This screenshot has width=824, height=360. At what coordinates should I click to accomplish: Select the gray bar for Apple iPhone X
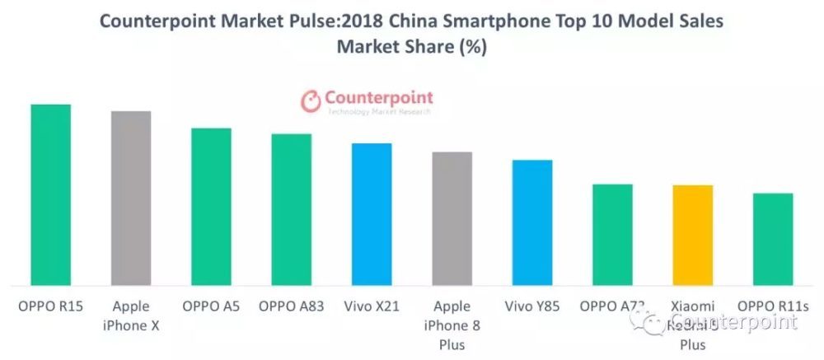tap(131, 199)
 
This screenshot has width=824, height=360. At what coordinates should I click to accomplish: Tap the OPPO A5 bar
tap(211, 207)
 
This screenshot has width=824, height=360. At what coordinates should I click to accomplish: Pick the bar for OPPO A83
tap(292, 210)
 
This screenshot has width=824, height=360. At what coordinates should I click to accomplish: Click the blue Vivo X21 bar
tap(372, 214)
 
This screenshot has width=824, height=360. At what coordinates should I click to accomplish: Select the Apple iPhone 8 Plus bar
tap(452, 219)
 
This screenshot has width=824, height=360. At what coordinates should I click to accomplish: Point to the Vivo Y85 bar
tap(532, 223)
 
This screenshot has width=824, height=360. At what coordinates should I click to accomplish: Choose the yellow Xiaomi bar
tap(693, 236)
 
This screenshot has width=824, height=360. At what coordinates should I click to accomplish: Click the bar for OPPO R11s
tap(773, 240)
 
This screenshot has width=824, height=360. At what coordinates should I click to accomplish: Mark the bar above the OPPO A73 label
tap(612, 235)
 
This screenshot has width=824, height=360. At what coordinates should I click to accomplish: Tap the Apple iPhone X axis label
tap(131, 316)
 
